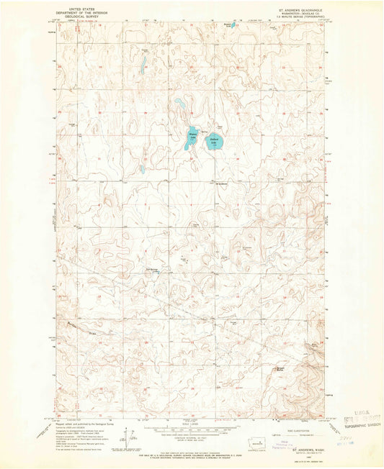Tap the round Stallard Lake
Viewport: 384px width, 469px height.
coord(214,143)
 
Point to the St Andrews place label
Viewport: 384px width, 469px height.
coord(223,183)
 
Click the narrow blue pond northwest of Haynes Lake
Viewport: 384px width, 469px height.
coord(143,67)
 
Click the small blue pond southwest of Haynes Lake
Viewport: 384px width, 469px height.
coord(143,170)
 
